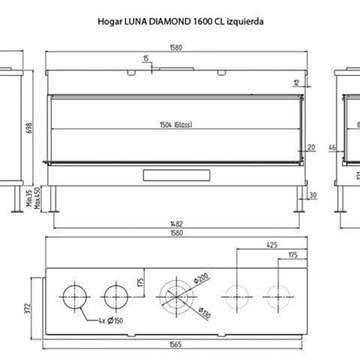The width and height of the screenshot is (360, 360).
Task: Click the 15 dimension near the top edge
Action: click(146, 59)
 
